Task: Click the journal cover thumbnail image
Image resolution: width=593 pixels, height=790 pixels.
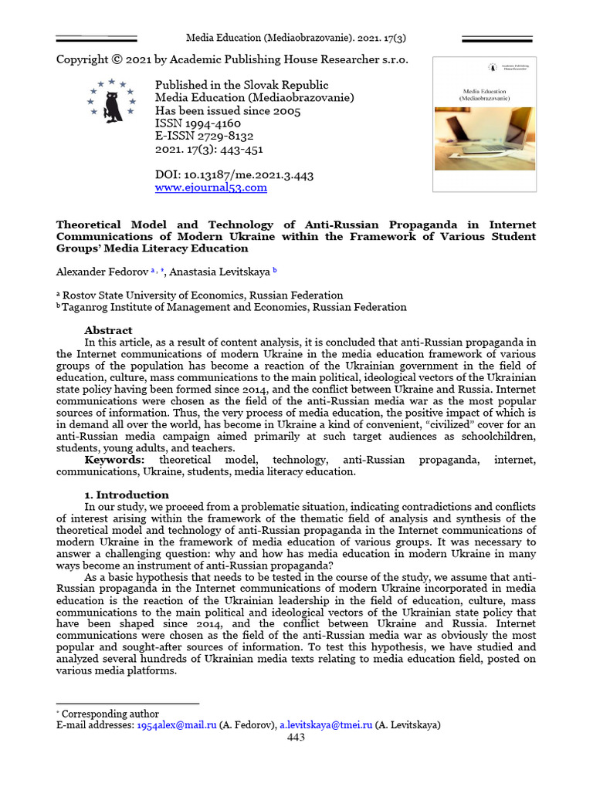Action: (x=484, y=123)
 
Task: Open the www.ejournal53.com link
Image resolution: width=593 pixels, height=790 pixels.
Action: (x=211, y=187)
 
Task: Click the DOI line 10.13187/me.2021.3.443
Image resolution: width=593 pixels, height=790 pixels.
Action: (x=234, y=175)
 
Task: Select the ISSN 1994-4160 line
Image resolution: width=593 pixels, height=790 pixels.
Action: (x=198, y=123)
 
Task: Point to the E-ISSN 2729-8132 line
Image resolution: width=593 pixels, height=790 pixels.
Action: (x=205, y=136)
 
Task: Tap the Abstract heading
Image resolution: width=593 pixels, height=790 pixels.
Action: (x=108, y=330)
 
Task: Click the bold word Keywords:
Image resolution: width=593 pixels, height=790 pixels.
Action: (x=114, y=460)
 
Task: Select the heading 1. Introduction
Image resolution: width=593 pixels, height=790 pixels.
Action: (x=127, y=495)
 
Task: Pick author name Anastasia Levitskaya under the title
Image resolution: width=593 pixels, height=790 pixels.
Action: (x=215, y=272)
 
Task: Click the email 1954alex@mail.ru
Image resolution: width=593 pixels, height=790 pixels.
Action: (x=176, y=725)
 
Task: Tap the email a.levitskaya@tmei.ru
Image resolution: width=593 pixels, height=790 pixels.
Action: (x=325, y=725)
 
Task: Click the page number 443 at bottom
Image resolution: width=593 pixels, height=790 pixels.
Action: (x=296, y=737)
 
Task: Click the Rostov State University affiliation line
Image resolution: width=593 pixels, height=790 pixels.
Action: (x=202, y=295)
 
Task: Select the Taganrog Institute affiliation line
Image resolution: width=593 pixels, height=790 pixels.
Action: (x=234, y=307)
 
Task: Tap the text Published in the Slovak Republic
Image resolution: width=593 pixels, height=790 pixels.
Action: (x=242, y=85)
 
